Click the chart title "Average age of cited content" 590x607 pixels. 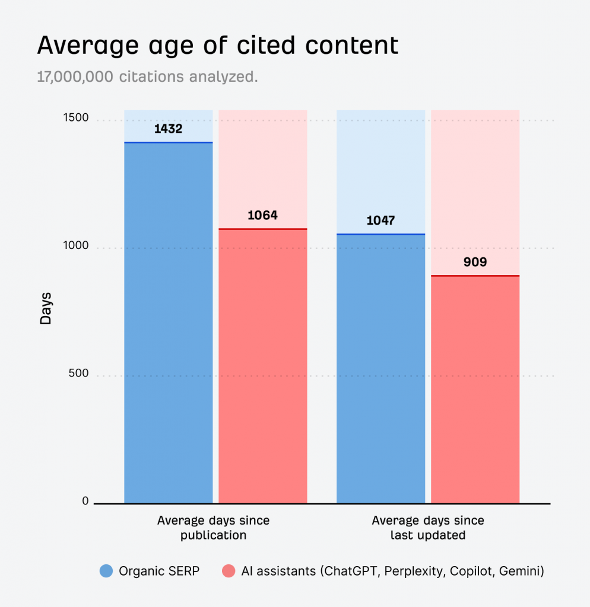(x=217, y=46)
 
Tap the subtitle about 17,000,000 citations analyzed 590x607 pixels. (x=147, y=78)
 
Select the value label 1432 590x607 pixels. (x=168, y=129)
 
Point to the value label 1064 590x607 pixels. (x=262, y=215)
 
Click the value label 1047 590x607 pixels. (x=380, y=221)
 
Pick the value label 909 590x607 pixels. (x=475, y=261)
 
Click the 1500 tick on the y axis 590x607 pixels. (x=75, y=118)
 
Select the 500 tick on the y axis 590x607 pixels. (x=78, y=373)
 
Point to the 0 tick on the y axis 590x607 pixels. (x=85, y=501)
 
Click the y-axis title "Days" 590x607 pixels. (x=46, y=308)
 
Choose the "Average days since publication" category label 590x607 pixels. (x=213, y=528)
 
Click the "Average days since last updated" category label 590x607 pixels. (x=427, y=528)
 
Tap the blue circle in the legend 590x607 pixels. (x=106, y=571)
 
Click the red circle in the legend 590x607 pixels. (x=228, y=571)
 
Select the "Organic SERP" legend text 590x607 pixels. (x=159, y=571)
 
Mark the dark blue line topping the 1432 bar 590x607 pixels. (x=168, y=143)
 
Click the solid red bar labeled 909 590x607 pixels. (x=475, y=391)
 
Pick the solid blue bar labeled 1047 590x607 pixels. (x=380, y=368)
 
